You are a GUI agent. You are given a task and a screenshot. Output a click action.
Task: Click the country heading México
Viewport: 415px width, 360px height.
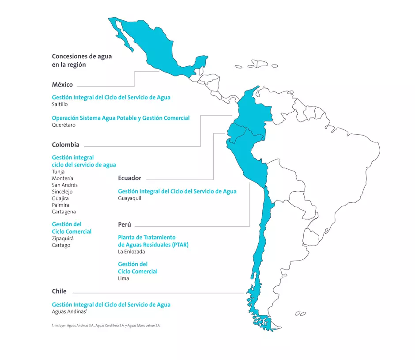tap(62, 85)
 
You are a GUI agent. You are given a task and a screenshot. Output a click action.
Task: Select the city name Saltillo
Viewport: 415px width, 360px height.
tap(60, 105)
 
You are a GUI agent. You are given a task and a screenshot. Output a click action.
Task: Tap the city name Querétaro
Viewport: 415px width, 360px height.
tap(64, 125)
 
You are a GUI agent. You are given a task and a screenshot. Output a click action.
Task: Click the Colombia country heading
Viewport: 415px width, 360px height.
tap(65, 145)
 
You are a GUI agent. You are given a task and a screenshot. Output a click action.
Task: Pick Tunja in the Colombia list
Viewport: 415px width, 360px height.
tap(58, 172)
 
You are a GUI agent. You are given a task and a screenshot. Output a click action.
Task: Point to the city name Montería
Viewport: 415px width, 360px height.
tap(62, 178)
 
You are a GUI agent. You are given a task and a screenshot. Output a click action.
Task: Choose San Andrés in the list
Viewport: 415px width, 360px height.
tap(64, 185)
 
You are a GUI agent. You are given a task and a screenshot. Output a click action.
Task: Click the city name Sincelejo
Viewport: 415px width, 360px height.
tap(62, 192)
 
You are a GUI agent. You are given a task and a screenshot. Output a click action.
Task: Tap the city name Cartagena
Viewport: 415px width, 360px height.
tap(64, 212)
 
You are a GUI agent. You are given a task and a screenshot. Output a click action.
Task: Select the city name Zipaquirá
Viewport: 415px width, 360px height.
tap(63, 239)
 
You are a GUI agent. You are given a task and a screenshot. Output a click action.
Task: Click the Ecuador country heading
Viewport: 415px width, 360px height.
tap(129, 178)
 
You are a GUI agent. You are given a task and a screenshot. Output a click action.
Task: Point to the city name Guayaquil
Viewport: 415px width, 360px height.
tap(129, 198)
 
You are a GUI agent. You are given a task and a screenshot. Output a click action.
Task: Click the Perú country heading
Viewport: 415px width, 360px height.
tap(124, 225)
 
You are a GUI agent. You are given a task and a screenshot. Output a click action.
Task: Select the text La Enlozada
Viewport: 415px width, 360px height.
tap(131, 252)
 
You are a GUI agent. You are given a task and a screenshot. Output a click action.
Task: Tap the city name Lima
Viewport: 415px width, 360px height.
tap(123, 279)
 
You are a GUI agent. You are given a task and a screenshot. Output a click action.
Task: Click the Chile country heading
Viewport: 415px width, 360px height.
tap(59, 292)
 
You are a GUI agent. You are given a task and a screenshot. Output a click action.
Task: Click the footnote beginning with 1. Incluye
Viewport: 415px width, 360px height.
tap(106, 326)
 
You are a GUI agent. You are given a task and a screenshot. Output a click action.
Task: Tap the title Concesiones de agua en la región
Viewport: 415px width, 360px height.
tap(82, 61)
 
